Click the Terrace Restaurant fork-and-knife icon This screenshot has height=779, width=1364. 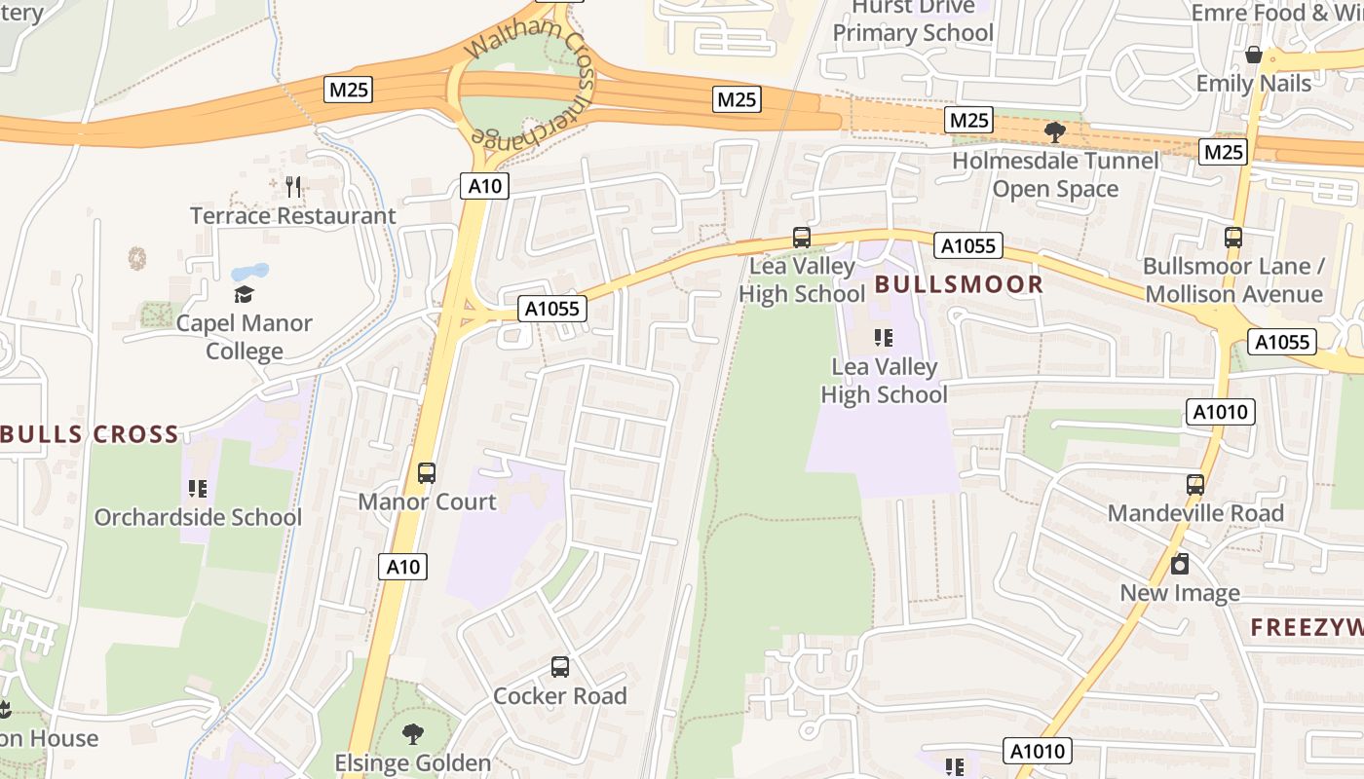(x=293, y=186)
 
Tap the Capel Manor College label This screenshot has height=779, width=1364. (x=244, y=337)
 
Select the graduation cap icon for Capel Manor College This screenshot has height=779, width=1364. (x=244, y=294)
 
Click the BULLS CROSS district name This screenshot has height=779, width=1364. (x=91, y=434)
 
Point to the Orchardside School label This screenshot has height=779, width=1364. (x=198, y=517)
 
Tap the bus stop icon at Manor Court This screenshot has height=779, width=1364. (x=427, y=473)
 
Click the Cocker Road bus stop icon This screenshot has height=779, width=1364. (x=560, y=667)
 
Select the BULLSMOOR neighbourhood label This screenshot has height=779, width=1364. (x=959, y=284)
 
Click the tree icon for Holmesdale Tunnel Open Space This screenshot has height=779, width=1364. (x=1054, y=131)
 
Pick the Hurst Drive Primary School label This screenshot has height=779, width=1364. (x=913, y=20)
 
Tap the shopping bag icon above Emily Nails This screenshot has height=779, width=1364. (x=1254, y=56)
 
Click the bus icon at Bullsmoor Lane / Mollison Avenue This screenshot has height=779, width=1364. (x=1233, y=237)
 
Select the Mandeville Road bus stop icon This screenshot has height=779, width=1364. (x=1195, y=484)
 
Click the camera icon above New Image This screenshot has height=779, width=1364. (x=1180, y=564)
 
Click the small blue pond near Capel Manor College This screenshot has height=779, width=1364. (x=249, y=272)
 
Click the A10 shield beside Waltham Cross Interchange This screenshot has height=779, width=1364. (x=484, y=186)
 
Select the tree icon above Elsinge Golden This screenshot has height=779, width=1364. (x=413, y=734)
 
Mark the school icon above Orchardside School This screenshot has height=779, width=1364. (x=198, y=488)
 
